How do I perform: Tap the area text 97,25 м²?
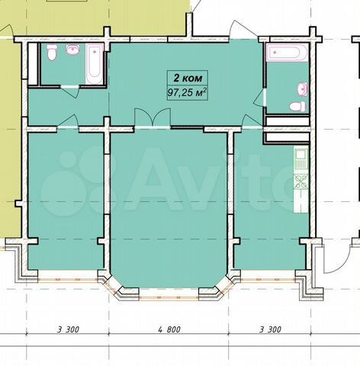click(x=186, y=94)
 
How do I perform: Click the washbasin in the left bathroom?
click(x=72, y=51)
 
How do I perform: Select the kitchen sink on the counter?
click(x=301, y=158)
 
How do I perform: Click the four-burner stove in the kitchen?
click(x=301, y=182)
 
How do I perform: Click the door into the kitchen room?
click(x=249, y=120)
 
